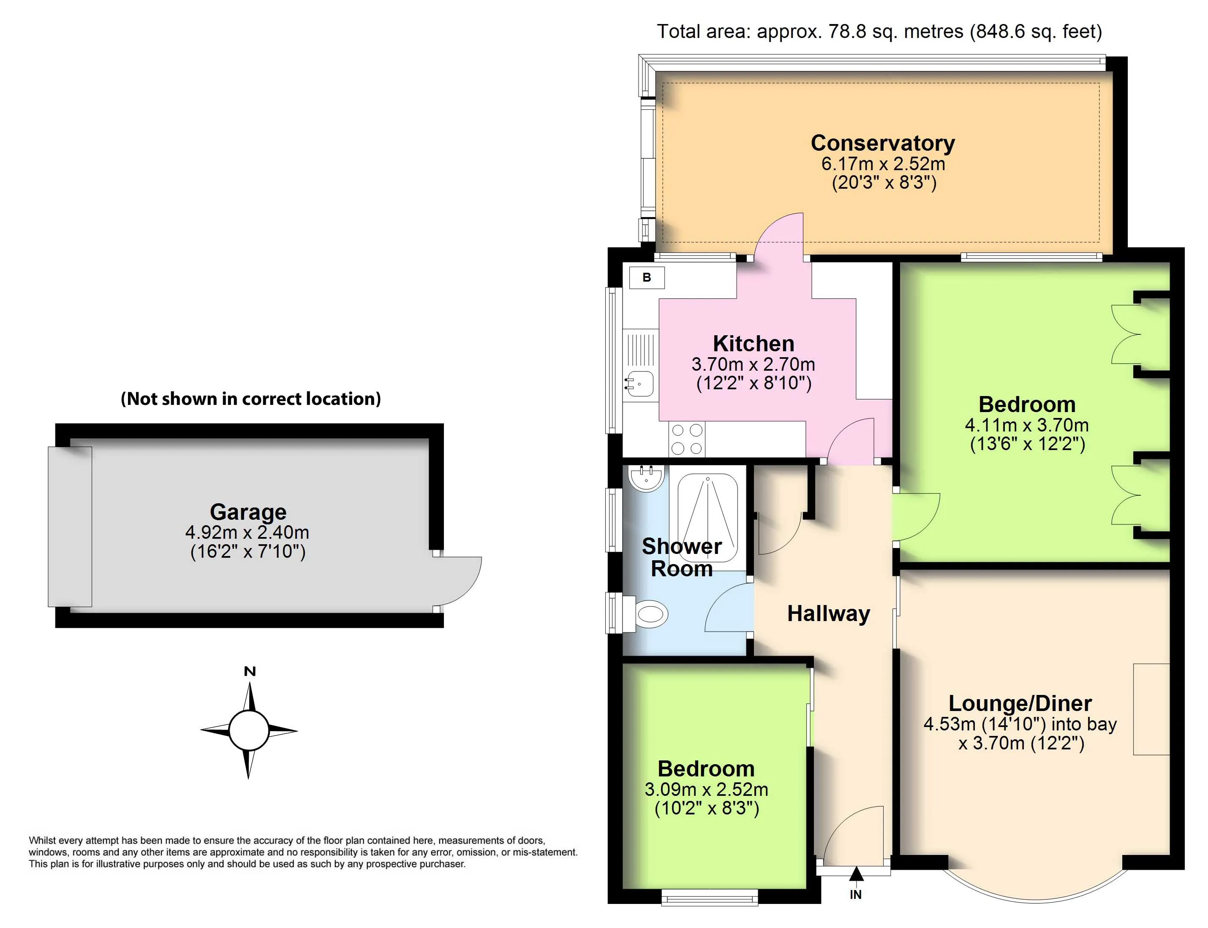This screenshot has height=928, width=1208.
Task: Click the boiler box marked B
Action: coord(647,277)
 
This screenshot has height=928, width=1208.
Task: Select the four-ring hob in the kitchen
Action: coord(687,439)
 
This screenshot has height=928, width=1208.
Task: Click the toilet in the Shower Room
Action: coord(650,613)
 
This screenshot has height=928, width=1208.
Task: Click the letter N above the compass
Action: coord(250,672)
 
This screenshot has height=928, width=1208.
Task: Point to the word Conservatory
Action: coord(882,143)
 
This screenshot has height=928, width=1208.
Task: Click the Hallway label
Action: coord(828,614)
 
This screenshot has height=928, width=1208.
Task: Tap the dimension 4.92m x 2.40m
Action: coord(247,532)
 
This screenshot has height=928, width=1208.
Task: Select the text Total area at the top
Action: coord(702,32)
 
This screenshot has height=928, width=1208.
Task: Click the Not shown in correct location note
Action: coord(250,399)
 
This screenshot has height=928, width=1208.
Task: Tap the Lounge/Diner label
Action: coord(1020,704)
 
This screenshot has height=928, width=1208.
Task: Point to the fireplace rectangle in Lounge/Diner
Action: coord(1151,709)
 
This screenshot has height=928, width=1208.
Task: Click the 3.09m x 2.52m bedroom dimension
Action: coord(706,790)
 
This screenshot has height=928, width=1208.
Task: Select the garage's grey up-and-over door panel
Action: coord(70,526)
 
